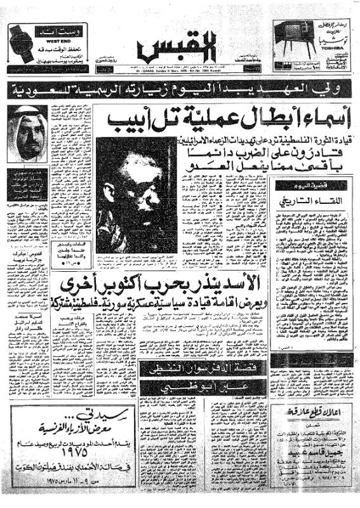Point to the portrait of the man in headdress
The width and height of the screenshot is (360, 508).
pos(27,133)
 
